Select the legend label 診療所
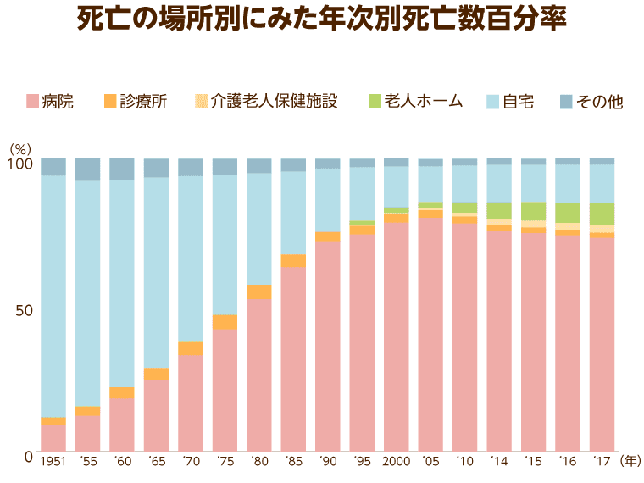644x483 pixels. click(143, 102)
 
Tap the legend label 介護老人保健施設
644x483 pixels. click(275, 102)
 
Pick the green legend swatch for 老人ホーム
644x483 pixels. click(373, 102)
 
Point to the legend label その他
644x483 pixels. click(599, 102)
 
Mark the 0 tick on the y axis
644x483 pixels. click(28, 457)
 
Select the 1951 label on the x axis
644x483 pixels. click(53, 461)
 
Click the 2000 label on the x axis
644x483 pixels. click(396, 461)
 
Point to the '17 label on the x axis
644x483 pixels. click(602, 461)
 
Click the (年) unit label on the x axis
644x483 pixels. click(630, 461)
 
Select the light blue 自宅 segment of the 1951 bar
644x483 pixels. click(53, 297)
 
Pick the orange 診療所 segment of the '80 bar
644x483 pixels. click(259, 292)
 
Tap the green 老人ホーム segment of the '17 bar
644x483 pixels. click(602, 214)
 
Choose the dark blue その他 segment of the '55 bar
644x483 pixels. click(88, 169)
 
